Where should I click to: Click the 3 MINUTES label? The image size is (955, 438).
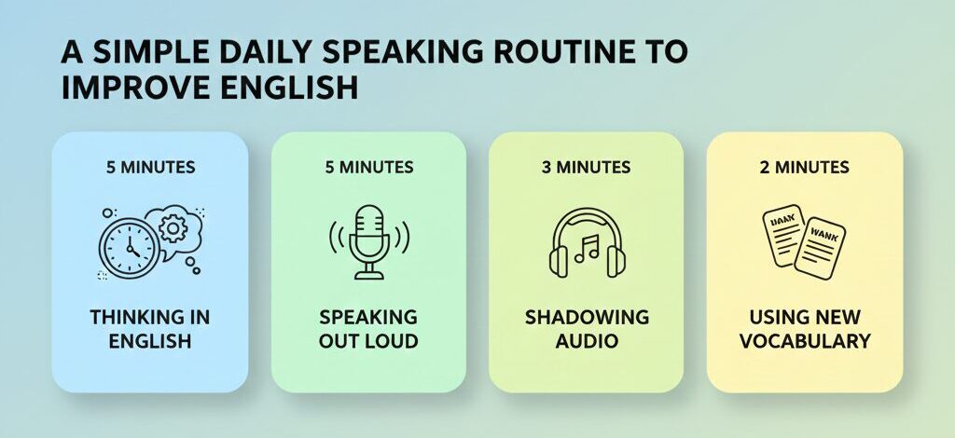(x=586, y=168)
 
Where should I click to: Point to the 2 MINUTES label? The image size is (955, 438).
(x=804, y=168)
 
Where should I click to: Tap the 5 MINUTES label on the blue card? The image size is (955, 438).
(x=150, y=168)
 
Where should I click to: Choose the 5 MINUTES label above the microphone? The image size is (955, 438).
(x=368, y=168)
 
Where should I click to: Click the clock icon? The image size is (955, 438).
(x=126, y=247)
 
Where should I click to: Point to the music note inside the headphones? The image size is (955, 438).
(x=587, y=249)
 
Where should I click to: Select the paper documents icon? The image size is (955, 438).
(x=804, y=240)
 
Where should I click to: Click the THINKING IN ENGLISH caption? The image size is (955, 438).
(x=150, y=328)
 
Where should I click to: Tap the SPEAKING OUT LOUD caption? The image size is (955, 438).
(x=368, y=328)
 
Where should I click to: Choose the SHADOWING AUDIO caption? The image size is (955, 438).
(x=586, y=328)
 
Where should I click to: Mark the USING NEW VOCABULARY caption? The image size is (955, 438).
(x=804, y=328)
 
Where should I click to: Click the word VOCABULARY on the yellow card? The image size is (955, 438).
(x=804, y=340)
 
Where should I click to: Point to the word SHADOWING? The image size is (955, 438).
(x=586, y=316)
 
